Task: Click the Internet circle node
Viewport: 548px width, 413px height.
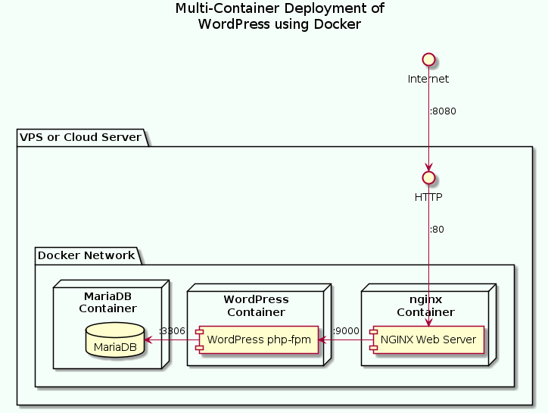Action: pyautogui.click(x=428, y=59)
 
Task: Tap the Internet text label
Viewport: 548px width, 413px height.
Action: pyautogui.click(x=428, y=79)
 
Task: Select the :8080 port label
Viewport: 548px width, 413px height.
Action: pyautogui.click(x=443, y=111)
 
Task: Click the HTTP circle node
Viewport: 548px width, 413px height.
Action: pyautogui.click(x=428, y=177)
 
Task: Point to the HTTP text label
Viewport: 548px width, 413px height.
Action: pyautogui.click(x=428, y=197)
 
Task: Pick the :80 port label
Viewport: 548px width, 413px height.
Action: pyautogui.click(x=437, y=230)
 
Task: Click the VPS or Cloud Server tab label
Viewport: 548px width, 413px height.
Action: pyautogui.click(x=82, y=137)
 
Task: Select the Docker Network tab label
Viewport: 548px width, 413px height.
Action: pyautogui.click(x=86, y=255)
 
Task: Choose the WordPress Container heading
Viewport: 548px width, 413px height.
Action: pyautogui.click(x=256, y=306)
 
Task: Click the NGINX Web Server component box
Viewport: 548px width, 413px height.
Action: pyautogui.click(x=428, y=340)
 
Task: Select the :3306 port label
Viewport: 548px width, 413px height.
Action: pyautogui.click(x=172, y=331)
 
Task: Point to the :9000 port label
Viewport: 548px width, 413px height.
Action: pyautogui.click(x=346, y=331)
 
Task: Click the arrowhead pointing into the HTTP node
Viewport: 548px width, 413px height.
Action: pyautogui.click(x=429, y=167)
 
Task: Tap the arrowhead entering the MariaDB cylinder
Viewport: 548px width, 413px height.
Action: pyautogui.click(x=148, y=340)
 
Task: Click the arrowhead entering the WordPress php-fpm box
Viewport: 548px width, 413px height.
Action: pyautogui.click(x=322, y=340)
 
